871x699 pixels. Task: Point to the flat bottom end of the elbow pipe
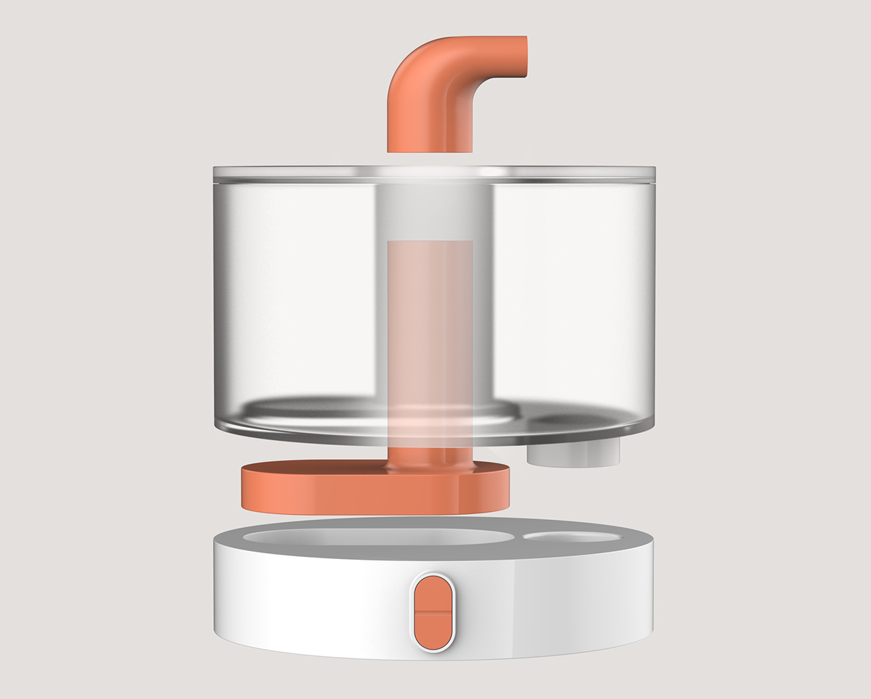(x=430, y=151)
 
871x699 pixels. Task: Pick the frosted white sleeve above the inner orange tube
(x=431, y=210)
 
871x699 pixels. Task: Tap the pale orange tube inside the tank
(x=430, y=326)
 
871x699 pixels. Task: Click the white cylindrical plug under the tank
(x=573, y=453)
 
